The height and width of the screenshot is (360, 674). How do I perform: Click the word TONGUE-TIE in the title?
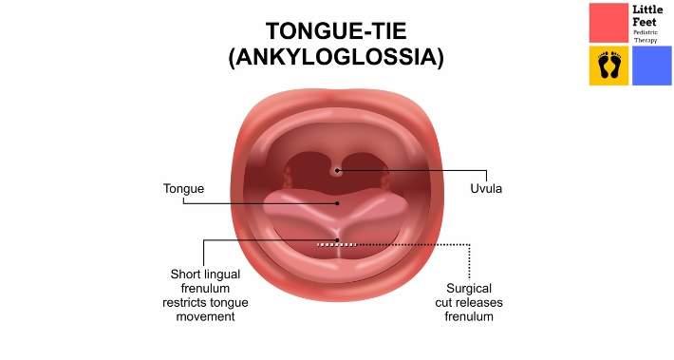[336, 30]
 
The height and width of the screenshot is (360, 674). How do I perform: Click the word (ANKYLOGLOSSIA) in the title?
[336, 57]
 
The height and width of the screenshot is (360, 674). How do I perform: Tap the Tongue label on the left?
[183, 189]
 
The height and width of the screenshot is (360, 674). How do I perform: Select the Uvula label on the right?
[486, 189]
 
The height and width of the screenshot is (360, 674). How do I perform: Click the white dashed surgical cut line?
[337, 244]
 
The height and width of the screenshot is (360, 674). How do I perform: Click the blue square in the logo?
[652, 66]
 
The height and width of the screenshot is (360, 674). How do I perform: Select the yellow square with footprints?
[608, 66]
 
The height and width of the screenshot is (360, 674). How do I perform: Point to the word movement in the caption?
[204, 316]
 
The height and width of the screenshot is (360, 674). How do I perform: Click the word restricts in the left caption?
[183, 302]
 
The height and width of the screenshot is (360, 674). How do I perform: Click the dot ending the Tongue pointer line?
[336, 202]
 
